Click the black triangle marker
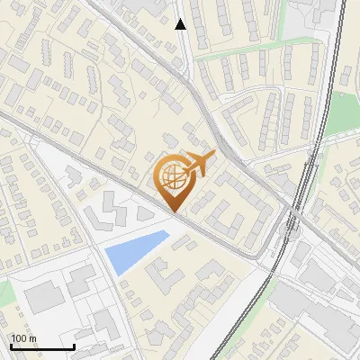(181, 24)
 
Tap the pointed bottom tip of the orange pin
(175, 212)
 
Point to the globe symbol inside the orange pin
(173, 176)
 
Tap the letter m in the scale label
(33, 338)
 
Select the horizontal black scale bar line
(42, 347)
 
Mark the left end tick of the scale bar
(11, 346)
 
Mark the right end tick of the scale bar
(74, 346)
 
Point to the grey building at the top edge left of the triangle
(144, 5)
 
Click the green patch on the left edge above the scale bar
(4, 292)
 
